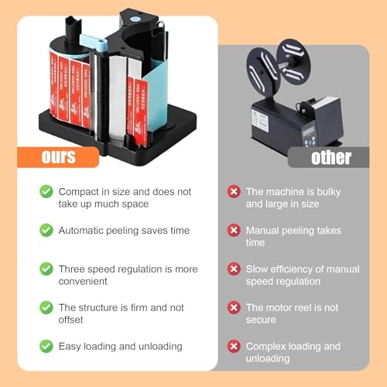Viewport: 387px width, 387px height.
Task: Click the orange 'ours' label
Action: point(59,157)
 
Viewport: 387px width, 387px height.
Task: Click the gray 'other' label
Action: point(330,157)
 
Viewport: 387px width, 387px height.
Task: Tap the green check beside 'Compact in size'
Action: point(46,191)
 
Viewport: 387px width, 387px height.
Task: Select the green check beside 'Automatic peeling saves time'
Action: point(46,230)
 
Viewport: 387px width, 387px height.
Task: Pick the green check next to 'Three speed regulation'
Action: point(46,269)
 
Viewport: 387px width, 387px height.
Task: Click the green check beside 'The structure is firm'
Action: point(46,307)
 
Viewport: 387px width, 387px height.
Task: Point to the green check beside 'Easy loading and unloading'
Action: point(46,346)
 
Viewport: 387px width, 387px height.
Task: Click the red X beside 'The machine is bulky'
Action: point(233,191)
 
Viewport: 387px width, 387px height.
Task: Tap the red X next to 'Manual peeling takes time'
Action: point(233,230)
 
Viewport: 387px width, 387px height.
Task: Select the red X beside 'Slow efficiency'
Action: point(233,269)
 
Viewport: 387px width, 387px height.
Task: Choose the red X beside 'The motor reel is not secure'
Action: point(233,307)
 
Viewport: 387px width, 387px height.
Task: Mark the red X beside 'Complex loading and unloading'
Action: point(233,346)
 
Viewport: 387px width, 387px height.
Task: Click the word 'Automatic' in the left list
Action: point(82,230)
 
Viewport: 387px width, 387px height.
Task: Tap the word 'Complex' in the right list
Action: point(266,346)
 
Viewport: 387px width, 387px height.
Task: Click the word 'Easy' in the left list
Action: point(70,346)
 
